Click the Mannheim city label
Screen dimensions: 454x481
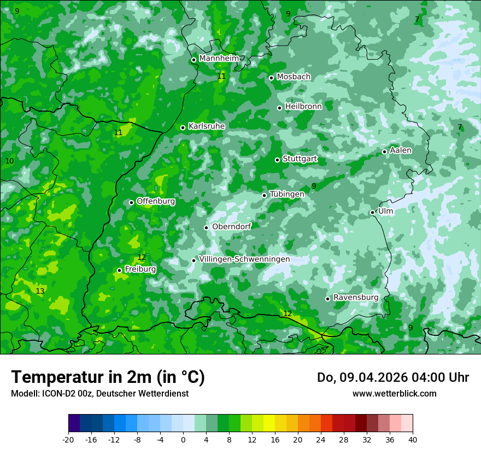(x=219, y=59)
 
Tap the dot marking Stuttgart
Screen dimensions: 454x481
(x=277, y=160)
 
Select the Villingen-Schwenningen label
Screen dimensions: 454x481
(x=244, y=259)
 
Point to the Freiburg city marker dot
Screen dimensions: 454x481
(x=119, y=270)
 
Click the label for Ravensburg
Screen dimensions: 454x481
(x=356, y=298)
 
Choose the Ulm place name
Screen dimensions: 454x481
(x=385, y=211)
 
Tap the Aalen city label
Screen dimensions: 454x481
(x=401, y=150)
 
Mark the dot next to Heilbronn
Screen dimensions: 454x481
(x=279, y=108)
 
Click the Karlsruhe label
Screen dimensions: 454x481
(x=207, y=126)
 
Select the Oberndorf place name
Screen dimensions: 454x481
(x=232, y=226)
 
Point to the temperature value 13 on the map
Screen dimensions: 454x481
(x=40, y=291)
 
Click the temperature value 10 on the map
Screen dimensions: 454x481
(x=9, y=161)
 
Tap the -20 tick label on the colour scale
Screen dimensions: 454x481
(x=68, y=439)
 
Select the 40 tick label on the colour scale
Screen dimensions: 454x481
(x=412, y=439)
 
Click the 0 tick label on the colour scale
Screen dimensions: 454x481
(x=183, y=439)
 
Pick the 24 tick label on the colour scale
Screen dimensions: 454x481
(x=321, y=439)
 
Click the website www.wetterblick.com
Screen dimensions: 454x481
(x=394, y=394)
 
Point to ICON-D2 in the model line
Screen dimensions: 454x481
(x=56, y=394)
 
